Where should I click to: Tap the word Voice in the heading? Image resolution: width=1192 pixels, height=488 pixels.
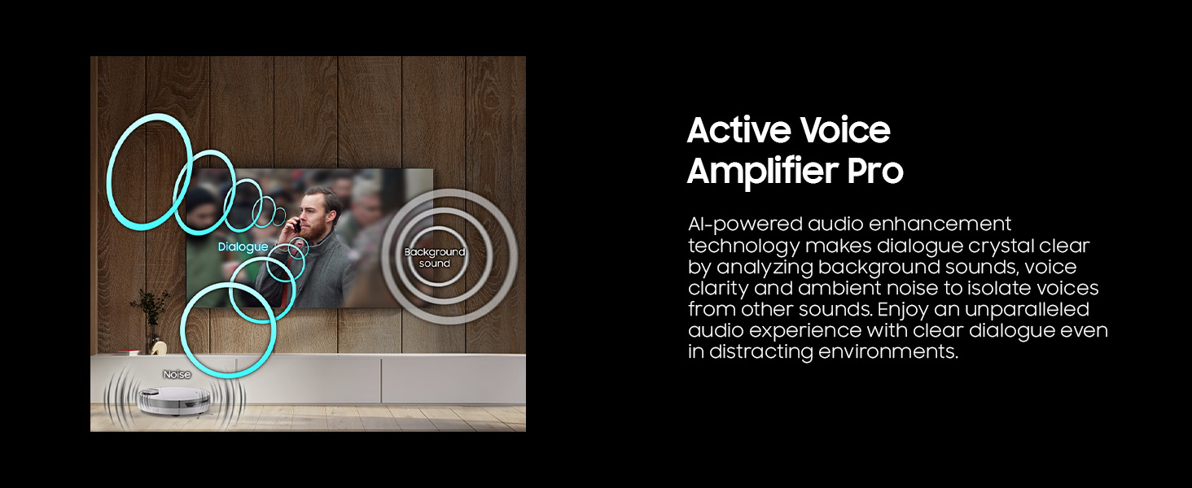pyautogui.click(x=845, y=130)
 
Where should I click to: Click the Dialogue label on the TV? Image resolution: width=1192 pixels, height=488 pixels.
pyautogui.click(x=243, y=246)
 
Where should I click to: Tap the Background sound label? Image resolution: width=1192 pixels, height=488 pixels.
pyautogui.click(x=435, y=258)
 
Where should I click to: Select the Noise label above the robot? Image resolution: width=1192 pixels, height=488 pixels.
pyautogui.click(x=177, y=375)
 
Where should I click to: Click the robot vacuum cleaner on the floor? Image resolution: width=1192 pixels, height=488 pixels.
pyautogui.click(x=174, y=400)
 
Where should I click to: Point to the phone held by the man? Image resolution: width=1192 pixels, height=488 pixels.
pyautogui.click(x=297, y=226)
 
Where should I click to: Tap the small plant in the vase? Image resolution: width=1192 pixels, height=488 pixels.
pyautogui.click(x=151, y=308)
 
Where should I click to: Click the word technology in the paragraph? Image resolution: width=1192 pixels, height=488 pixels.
pyautogui.click(x=743, y=246)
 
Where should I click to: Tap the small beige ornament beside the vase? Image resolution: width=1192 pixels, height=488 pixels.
pyautogui.click(x=159, y=347)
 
